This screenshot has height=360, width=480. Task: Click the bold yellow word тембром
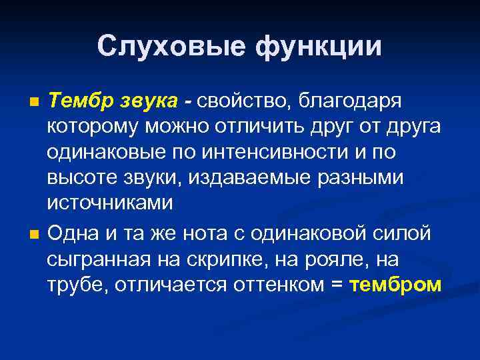coord(395,285)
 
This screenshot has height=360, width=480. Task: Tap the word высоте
coord(80,177)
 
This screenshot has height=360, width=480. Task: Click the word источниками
coord(110,203)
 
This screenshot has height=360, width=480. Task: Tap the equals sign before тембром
coord(337,285)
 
